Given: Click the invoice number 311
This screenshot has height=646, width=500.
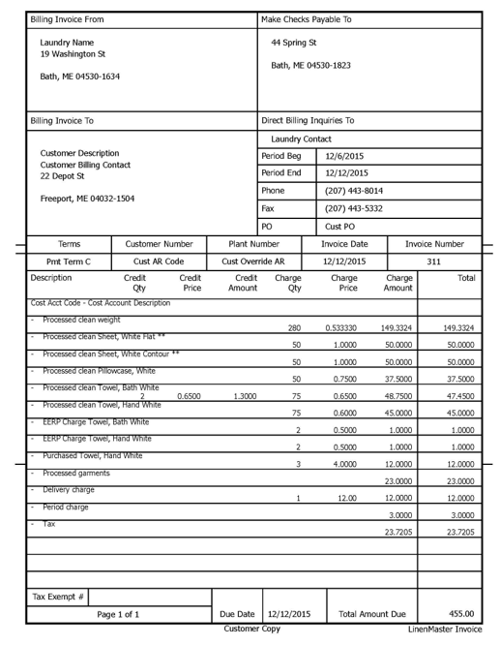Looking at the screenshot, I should (433, 261).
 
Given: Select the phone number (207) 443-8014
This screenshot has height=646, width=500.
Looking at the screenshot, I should (355, 191).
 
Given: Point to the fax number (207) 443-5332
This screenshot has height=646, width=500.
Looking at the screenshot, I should (355, 208).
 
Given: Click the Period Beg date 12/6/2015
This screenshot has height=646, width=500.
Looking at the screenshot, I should (344, 156).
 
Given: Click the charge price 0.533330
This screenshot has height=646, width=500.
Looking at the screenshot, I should (344, 327).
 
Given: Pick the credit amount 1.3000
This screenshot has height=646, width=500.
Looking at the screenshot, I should (243, 395).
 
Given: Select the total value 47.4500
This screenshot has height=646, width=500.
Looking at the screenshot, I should (458, 395).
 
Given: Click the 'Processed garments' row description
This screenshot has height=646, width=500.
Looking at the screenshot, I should (72, 473).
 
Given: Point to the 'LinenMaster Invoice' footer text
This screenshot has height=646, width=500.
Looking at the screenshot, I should (444, 630).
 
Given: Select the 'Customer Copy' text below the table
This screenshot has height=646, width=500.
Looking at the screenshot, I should (252, 629).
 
